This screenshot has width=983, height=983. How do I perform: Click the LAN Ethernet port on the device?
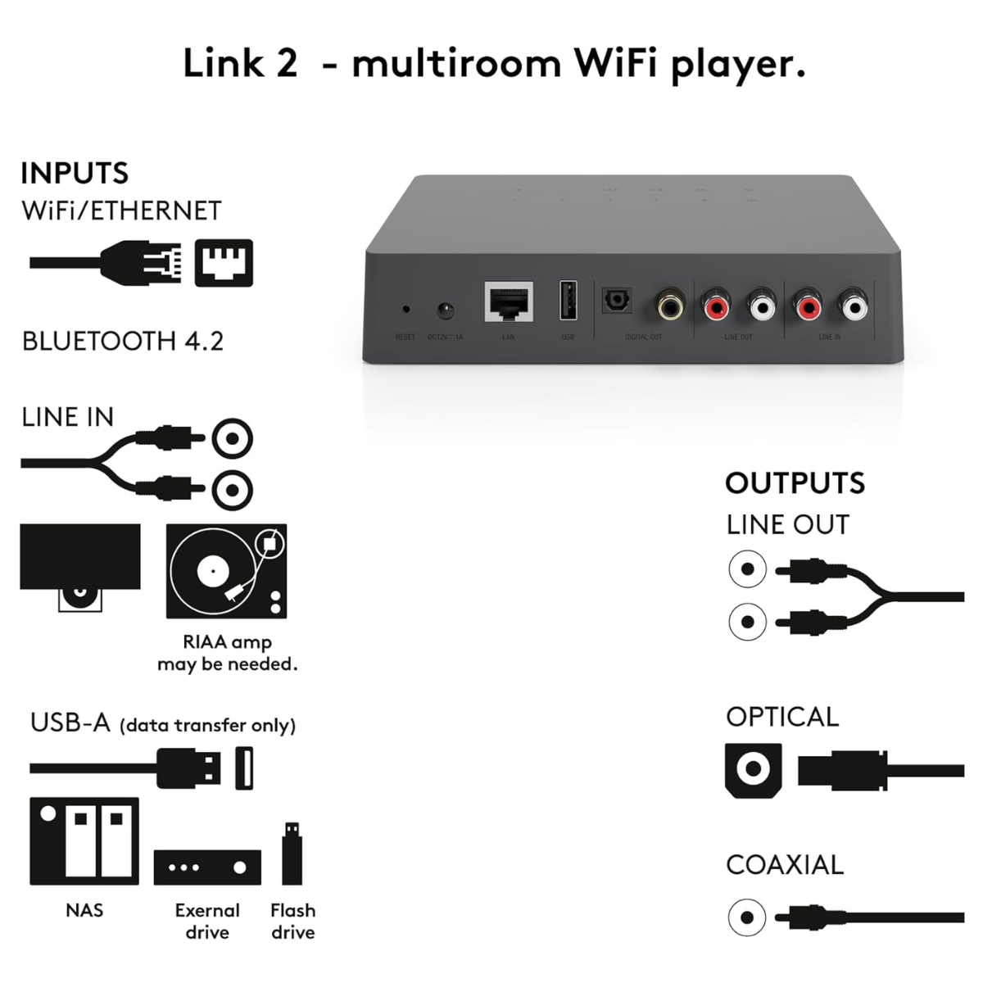click(509, 302)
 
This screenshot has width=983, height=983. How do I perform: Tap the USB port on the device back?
click(568, 300)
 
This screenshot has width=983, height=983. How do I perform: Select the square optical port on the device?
click(616, 301)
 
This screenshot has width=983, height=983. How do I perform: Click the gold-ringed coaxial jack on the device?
click(670, 306)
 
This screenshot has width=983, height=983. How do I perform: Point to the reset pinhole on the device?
click(405, 310)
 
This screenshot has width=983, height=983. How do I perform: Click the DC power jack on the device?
click(445, 310)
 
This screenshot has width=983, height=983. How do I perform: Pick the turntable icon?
click(226, 571)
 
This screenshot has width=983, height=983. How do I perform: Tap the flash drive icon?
click(292, 854)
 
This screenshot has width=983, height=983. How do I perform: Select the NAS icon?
click(84, 841)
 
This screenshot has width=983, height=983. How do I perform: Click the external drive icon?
click(207, 867)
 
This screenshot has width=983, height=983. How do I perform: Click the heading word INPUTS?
click(75, 174)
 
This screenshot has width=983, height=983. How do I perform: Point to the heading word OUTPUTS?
click(795, 483)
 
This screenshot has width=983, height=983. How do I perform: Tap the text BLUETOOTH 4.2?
click(123, 341)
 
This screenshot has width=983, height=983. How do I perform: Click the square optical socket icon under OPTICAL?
click(753, 769)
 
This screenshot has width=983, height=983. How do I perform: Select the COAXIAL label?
click(784, 865)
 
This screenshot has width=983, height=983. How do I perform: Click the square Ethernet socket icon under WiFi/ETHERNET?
click(224, 263)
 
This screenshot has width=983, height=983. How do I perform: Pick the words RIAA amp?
click(227, 642)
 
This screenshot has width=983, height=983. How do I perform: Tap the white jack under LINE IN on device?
click(853, 306)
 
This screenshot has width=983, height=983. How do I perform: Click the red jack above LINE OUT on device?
click(715, 306)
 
